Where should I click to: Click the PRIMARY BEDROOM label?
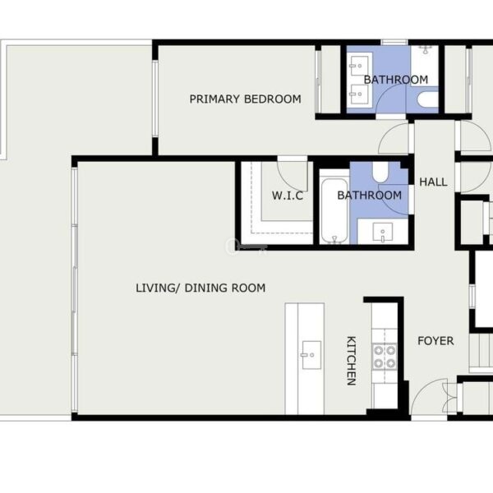(245, 99)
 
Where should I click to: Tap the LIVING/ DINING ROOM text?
(200, 288)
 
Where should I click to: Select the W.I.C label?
(288, 196)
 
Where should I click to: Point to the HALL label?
(433, 182)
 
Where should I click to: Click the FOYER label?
(435, 341)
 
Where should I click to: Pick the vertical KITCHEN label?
(351, 361)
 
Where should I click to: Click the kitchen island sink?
(311, 355)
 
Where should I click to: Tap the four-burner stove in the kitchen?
(385, 357)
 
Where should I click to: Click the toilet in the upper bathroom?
(427, 99)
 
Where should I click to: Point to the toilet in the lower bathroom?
(380, 172)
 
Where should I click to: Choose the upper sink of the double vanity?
(359, 66)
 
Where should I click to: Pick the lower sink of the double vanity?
(359, 94)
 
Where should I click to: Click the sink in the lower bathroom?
(382, 233)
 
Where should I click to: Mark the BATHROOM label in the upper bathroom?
(396, 80)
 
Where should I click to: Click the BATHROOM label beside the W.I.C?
(370, 196)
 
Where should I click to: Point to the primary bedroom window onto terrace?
(155, 99)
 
